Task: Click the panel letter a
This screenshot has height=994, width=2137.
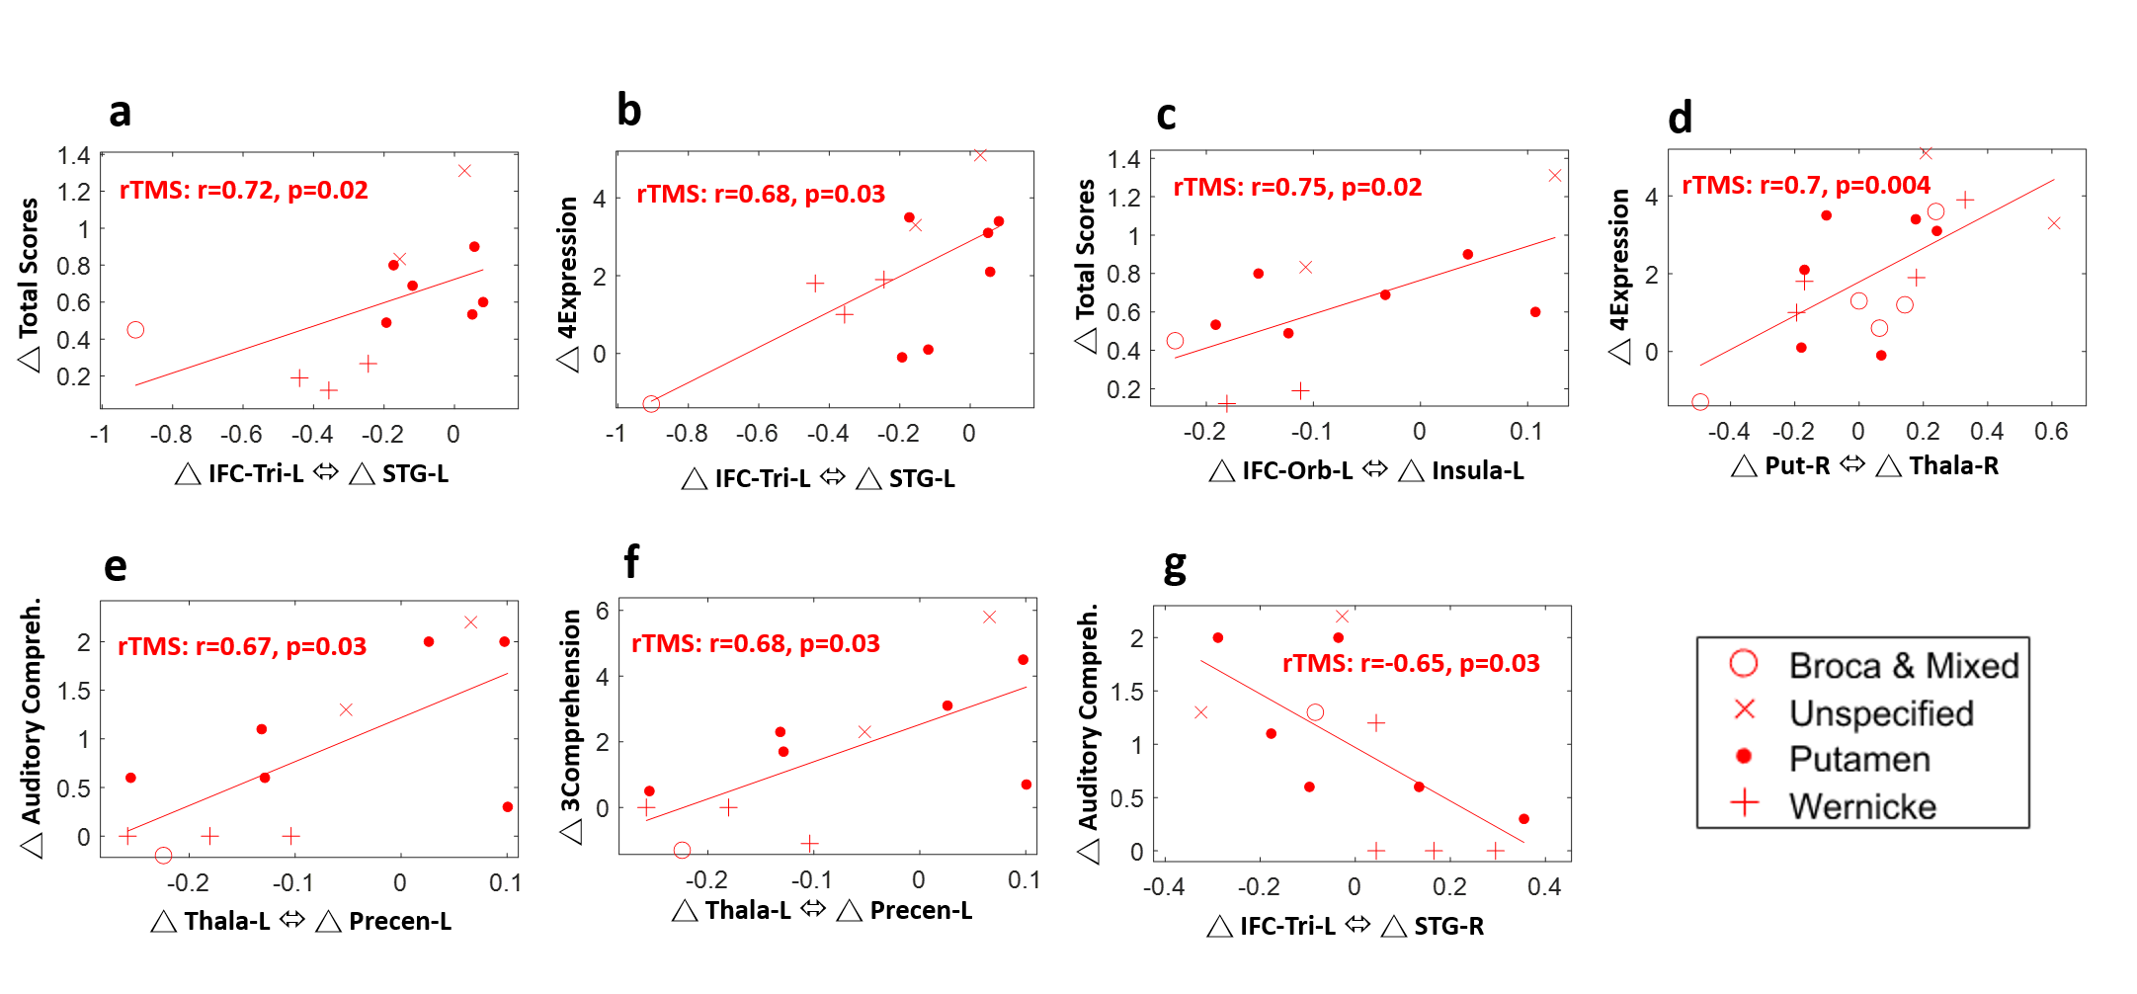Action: pos(120,113)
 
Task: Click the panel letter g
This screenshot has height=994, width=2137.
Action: pos(1174,566)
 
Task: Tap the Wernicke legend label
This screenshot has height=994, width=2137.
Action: pos(1862,806)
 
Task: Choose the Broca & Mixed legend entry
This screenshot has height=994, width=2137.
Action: pos(1903,665)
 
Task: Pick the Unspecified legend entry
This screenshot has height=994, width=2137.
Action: pos(1881,712)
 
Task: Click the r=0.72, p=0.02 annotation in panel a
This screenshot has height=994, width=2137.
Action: pos(244,190)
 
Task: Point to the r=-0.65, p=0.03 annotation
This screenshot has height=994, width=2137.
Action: pos(1411,663)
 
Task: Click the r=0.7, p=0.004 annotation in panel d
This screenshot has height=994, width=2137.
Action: pos(1806,185)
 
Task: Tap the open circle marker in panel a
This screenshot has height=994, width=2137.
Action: pos(135,330)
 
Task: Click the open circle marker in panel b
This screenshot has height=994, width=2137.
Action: pos(651,403)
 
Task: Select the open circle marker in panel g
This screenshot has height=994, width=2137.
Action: pos(1315,712)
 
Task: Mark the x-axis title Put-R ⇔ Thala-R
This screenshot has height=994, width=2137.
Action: pos(1865,465)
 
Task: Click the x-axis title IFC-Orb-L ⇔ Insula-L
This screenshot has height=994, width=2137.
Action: pos(1366,470)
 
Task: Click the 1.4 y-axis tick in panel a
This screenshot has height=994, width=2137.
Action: pos(73,156)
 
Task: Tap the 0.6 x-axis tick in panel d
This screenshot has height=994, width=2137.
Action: pos(2051,432)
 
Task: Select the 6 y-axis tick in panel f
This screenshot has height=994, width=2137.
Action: pos(602,611)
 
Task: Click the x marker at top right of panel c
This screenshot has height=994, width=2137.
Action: pos(1555,176)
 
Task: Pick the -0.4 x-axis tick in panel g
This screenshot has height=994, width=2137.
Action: pos(1163,887)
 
